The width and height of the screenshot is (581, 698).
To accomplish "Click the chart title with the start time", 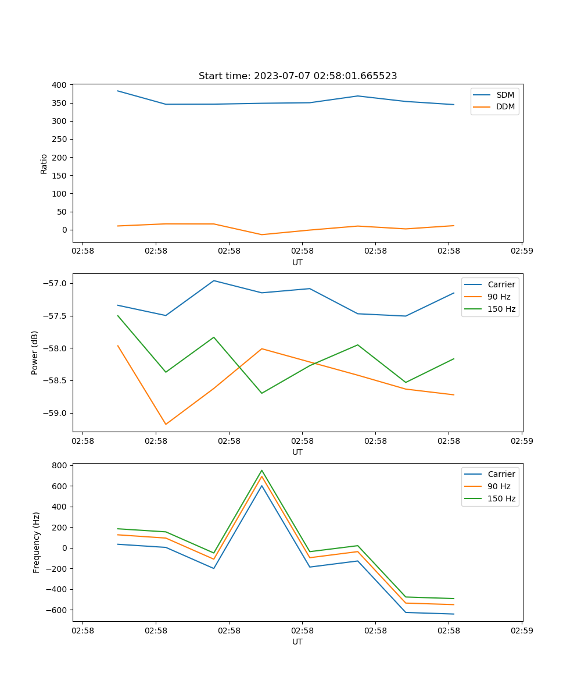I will click(x=297, y=76).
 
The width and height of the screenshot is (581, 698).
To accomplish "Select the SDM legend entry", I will click(x=505, y=95).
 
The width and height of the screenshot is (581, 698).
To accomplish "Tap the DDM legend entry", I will click(x=505, y=107).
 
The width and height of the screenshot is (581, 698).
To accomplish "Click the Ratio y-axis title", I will click(x=44, y=163).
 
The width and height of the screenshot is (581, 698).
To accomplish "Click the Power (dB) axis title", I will click(x=35, y=352).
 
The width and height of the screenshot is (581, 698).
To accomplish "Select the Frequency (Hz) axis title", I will click(x=37, y=542).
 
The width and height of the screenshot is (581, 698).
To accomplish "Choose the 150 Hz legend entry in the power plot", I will click(x=501, y=309).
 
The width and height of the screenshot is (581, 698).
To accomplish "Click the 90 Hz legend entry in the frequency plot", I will click(x=498, y=486).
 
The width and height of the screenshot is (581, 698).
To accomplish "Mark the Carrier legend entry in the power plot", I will click(x=501, y=284).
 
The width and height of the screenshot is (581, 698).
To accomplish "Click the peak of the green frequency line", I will click(x=261, y=470).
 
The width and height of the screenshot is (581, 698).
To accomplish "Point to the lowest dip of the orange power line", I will click(x=166, y=424).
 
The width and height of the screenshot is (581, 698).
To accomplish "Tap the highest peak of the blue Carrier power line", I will click(x=214, y=280).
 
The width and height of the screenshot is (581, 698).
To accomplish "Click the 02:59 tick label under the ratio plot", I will click(x=522, y=251).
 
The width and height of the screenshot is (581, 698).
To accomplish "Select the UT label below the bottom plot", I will click(x=297, y=642).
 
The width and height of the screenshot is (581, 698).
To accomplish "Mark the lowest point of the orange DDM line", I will click(x=261, y=234).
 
